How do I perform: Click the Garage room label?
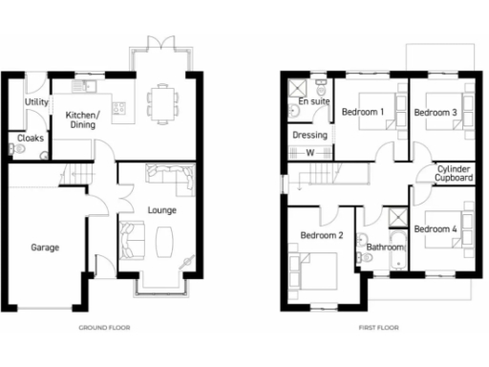44,248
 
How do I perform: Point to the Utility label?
37,101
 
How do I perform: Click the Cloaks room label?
31,139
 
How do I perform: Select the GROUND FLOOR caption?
104,327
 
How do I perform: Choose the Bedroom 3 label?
435,113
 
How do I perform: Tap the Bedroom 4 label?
435,228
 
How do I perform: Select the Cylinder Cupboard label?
448,173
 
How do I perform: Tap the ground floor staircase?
75,175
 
